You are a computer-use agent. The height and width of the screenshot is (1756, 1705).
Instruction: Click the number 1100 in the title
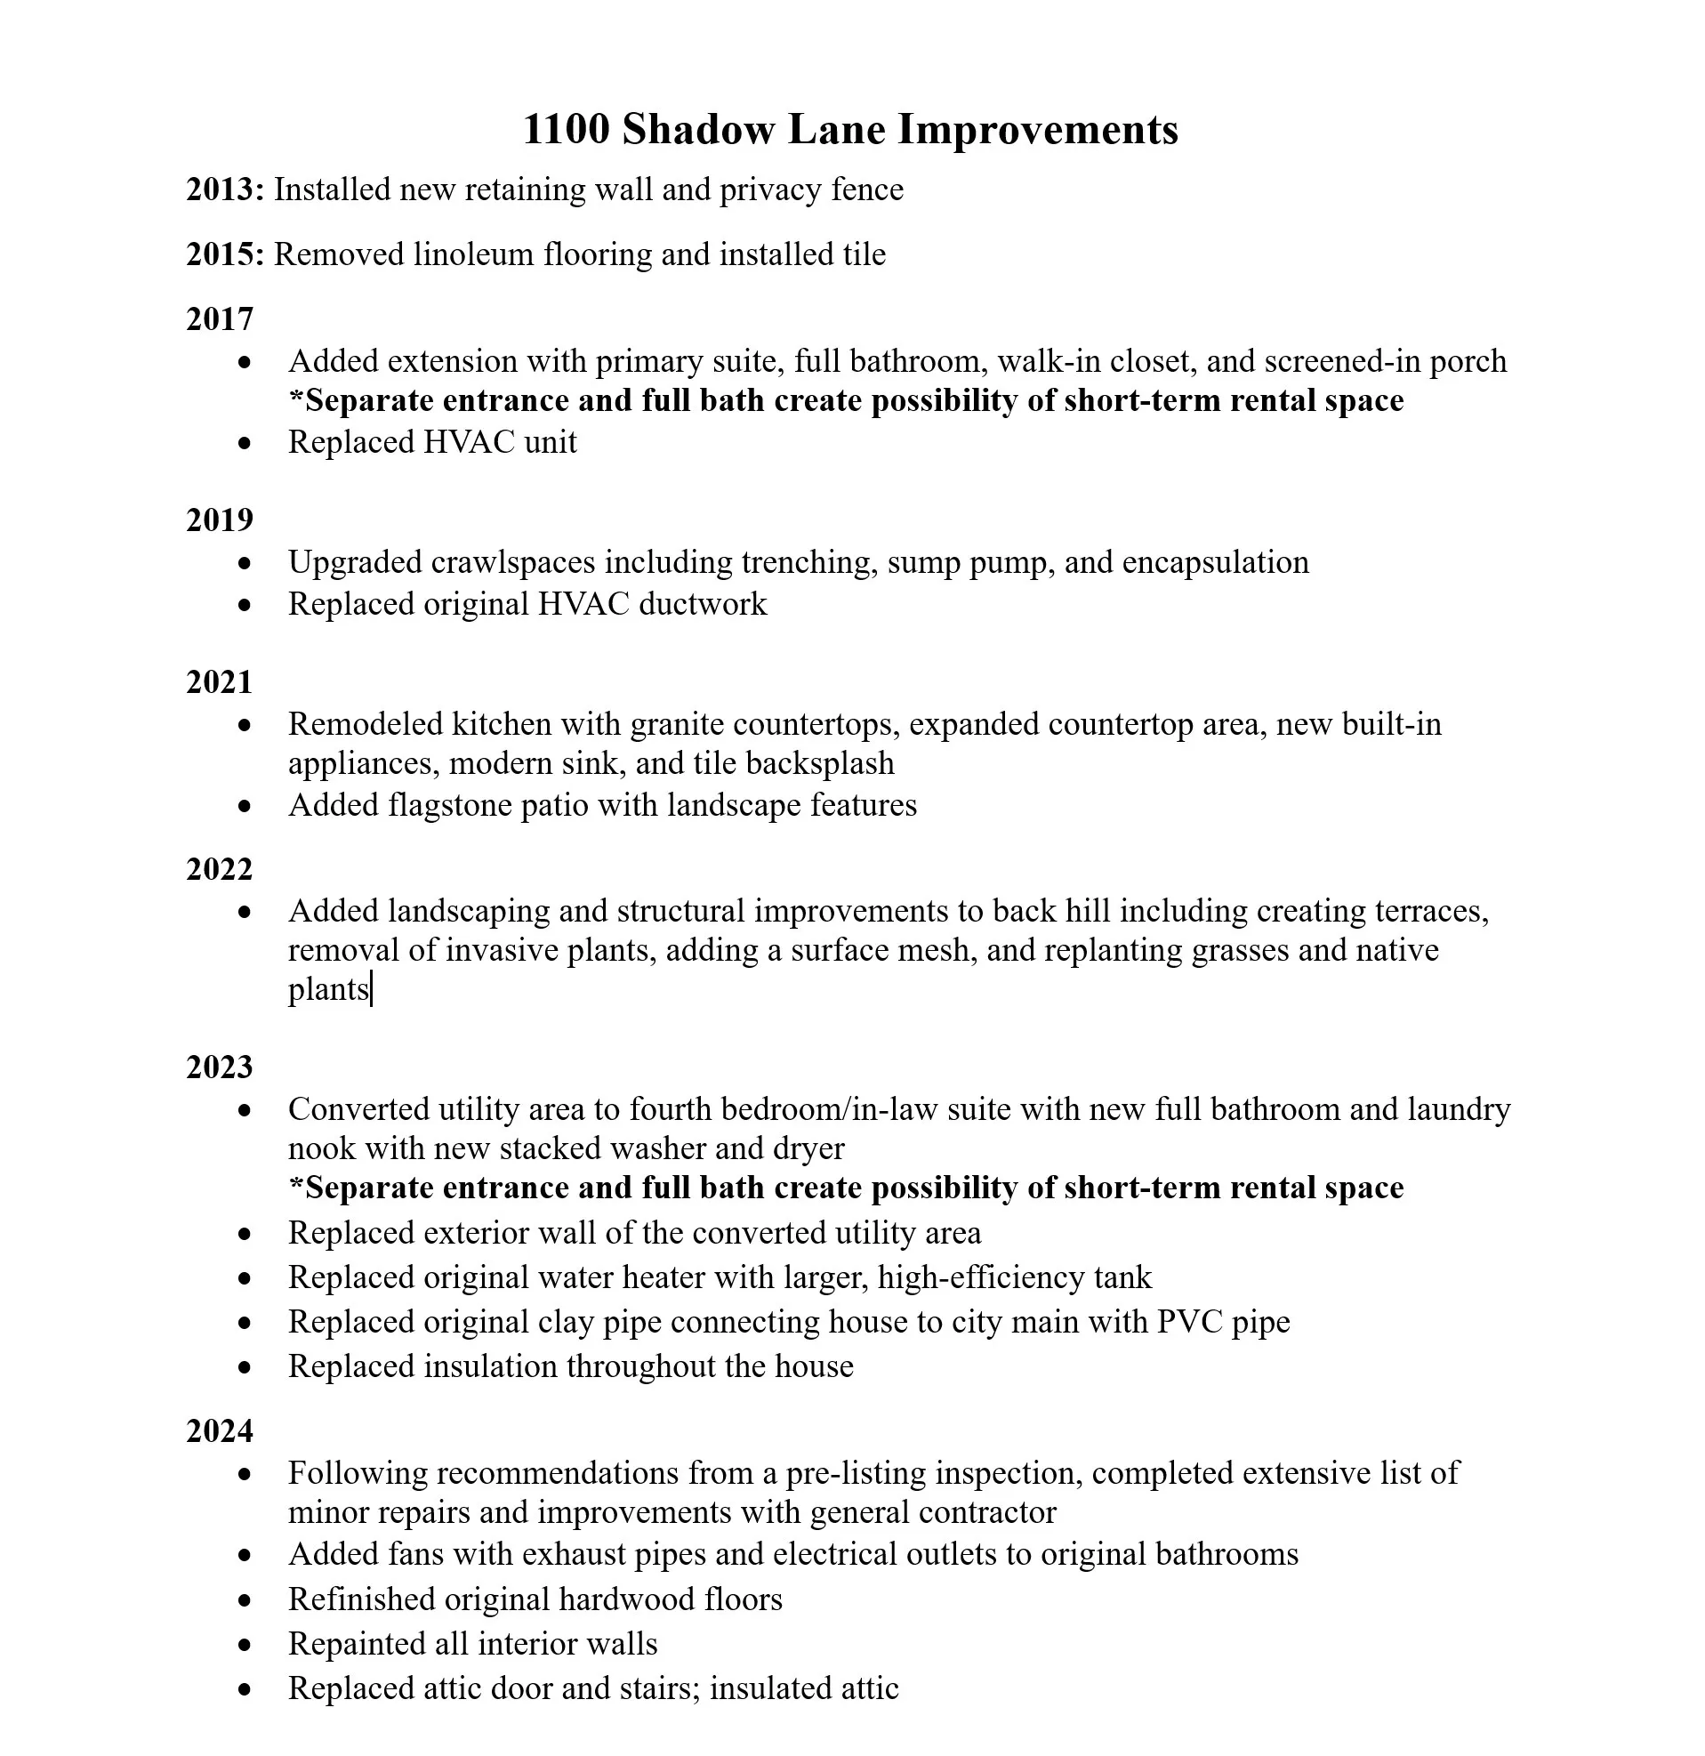[x=566, y=129]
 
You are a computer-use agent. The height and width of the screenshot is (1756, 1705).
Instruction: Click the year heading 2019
[x=220, y=520]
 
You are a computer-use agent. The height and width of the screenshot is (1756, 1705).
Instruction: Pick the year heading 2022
[x=220, y=869]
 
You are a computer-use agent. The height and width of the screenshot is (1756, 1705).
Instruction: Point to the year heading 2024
[x=220, y=1430]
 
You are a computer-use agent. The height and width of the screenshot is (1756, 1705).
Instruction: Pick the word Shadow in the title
[x=698, y=129]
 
